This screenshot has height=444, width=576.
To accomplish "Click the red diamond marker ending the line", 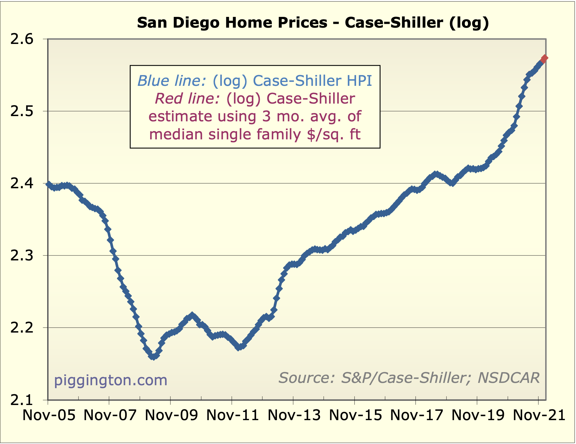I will tap(544, 58).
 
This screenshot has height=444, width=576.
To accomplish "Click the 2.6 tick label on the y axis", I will tap(22, 39).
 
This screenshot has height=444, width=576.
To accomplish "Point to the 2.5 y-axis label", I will tap(22, 111).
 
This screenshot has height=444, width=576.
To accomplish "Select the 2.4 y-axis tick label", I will tap(22, 184).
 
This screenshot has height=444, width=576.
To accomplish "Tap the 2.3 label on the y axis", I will tap(22, 256).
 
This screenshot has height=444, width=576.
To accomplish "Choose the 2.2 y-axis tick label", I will tap(22, 328).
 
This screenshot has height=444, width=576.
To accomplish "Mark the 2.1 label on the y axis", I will tap(22, 400).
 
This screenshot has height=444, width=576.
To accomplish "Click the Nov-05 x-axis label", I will tap(49, 415).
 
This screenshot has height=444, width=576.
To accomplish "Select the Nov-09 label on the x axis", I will tap(171, 415).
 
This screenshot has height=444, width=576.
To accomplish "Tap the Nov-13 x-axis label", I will tap(294, 415).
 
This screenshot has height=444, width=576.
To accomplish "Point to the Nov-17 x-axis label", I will tap(416, 415).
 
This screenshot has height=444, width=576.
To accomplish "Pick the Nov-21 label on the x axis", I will tap(539, 415).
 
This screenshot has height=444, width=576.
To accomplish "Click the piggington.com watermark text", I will tap(111, 380).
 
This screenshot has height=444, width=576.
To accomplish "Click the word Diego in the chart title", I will tap(196, 23).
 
